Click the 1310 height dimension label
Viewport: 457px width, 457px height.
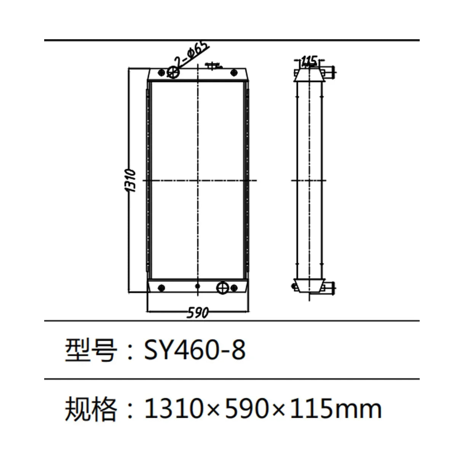(x=131, y=181)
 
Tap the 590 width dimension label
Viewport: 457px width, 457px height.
(x=198, y=313)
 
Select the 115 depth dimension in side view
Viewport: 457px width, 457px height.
(x=309, y=60)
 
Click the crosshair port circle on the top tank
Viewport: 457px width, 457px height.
(x=174, y=72)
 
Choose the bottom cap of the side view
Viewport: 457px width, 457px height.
(x=309, y=286)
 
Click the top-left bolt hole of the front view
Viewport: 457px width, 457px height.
(x=161, y=72)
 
